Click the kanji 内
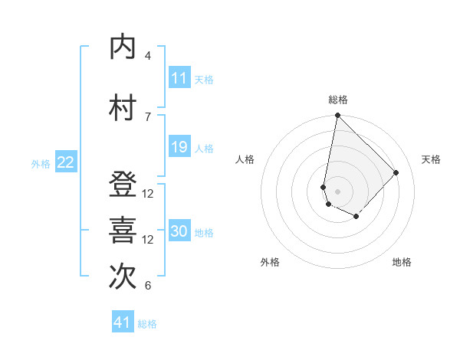click(123, 47)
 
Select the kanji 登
click(123, 185)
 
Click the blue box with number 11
click(179, 78)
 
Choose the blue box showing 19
click(179, 147)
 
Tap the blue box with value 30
click(179, 232)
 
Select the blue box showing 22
click(66, 162)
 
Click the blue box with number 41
click(123, 323)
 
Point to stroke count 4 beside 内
click(148, 56)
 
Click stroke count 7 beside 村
click(148, 116)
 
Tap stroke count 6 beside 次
click(148, 286)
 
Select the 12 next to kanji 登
click(148, 194)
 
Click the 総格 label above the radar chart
click(338, 100)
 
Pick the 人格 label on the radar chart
click(245, 159)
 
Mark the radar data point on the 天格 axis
click(396, 172)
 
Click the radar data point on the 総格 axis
click(337, 116)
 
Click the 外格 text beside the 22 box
click(41, 163)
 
